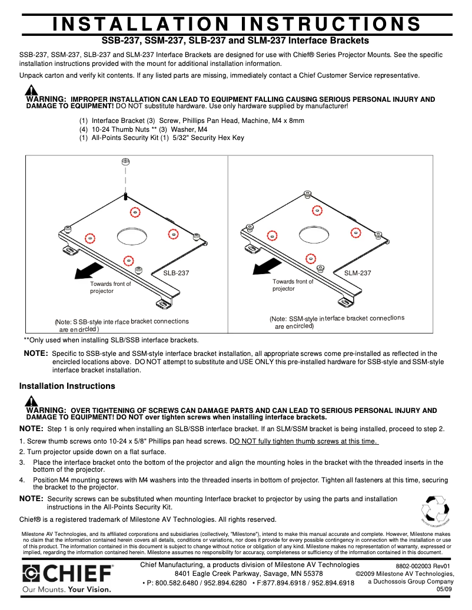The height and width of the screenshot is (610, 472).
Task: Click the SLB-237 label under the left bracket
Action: pos(177,273)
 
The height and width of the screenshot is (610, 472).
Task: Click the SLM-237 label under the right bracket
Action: pos(358,273)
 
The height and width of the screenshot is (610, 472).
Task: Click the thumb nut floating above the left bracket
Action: pos(125,162)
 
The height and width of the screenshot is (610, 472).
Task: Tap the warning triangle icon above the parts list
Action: pos(31,91)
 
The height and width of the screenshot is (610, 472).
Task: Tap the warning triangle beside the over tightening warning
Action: pos(31,401)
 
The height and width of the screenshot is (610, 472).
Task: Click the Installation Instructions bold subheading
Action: pos(67,386)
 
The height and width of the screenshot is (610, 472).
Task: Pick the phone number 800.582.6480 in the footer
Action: pos(176,583)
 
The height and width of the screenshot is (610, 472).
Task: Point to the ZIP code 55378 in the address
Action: pos(309,574)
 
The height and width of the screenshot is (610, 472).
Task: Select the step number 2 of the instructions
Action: pos(21,452)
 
